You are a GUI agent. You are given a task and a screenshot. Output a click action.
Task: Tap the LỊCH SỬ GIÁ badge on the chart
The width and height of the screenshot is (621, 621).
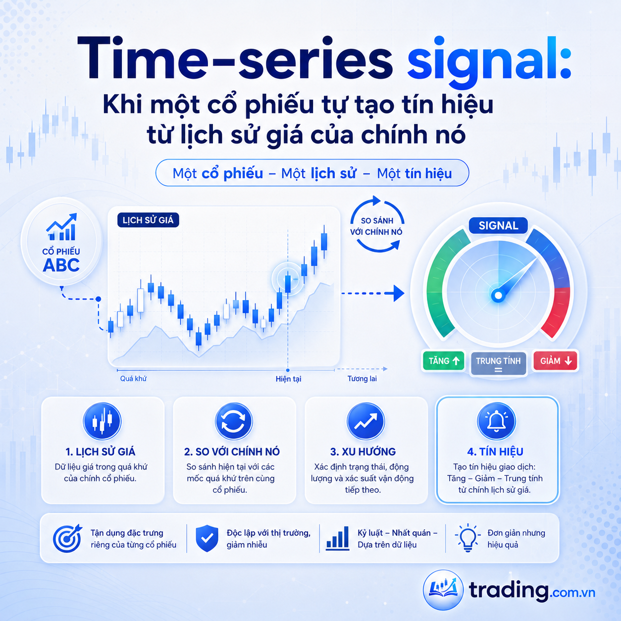click(148, 220)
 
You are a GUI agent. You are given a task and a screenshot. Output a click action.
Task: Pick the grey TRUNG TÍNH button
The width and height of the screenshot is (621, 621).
click(498, 363)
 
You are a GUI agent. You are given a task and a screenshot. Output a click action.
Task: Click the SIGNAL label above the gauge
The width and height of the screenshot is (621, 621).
click(498, 226)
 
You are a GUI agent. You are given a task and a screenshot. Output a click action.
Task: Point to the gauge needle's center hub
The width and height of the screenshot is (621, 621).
click(498, 295)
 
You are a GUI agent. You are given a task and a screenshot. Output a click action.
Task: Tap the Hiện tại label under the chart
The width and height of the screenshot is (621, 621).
click(288, 379)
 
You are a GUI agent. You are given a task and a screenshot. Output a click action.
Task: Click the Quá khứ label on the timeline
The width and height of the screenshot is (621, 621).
click(133, 379)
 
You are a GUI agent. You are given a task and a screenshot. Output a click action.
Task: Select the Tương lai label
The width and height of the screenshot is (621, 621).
click(362, 379)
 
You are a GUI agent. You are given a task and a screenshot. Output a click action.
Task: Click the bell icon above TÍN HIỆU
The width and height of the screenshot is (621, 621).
click(496, 421)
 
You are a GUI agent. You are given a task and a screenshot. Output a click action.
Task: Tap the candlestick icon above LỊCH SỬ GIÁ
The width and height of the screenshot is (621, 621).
click(102, 421)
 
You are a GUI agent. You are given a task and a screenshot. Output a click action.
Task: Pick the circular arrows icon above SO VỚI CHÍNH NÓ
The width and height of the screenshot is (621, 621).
click(234, 421)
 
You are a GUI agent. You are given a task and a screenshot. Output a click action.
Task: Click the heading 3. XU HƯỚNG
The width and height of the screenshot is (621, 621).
click(363, 452)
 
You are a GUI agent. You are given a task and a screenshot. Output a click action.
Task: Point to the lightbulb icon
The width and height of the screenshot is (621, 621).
click(467, 538)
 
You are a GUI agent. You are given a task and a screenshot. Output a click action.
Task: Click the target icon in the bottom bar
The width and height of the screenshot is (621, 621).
click(67, 538)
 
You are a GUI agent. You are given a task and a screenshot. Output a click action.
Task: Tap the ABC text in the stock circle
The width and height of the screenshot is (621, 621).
click(61, 265)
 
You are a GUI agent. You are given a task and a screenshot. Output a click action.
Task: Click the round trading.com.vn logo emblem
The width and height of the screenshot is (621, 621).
click(443, 590)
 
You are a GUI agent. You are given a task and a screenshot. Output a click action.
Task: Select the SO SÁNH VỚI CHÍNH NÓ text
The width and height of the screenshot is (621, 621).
click(376, 226)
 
